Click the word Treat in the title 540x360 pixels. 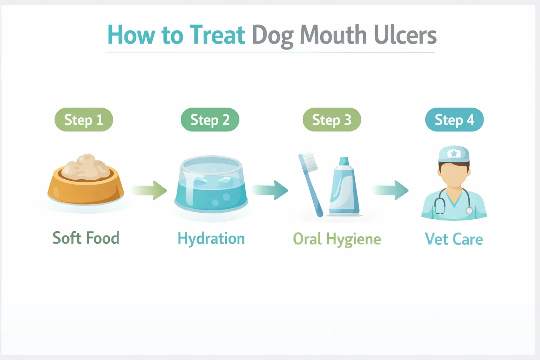click(217, 35)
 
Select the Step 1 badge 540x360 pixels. click(84, 120)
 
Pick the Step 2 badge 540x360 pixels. click(210, 120)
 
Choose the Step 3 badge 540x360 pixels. click(332, 120)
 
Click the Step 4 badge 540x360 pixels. click(454, 120)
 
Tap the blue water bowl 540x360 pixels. click(211, 186)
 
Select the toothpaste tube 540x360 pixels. click(344, 188)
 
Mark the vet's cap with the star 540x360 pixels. click(454, 154)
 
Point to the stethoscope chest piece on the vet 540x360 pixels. click(469, 210)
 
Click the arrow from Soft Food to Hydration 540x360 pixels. click(149, 190)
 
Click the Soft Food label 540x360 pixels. click(86, 238)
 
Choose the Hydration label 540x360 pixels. click(211, 239)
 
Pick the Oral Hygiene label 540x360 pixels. click(337, 239)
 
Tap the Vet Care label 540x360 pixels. click(454, 239)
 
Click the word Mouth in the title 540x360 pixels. click(333, 35)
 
